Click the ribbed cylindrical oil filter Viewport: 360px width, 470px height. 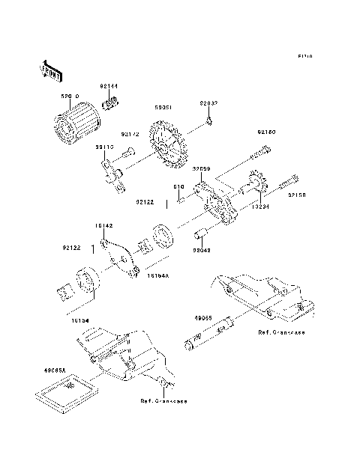click(x=75, y=123)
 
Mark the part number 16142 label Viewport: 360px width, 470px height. click(x=104, y=224)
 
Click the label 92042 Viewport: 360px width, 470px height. click(x=201, y=239)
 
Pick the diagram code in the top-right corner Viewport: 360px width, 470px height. click(x=303, y=56)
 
